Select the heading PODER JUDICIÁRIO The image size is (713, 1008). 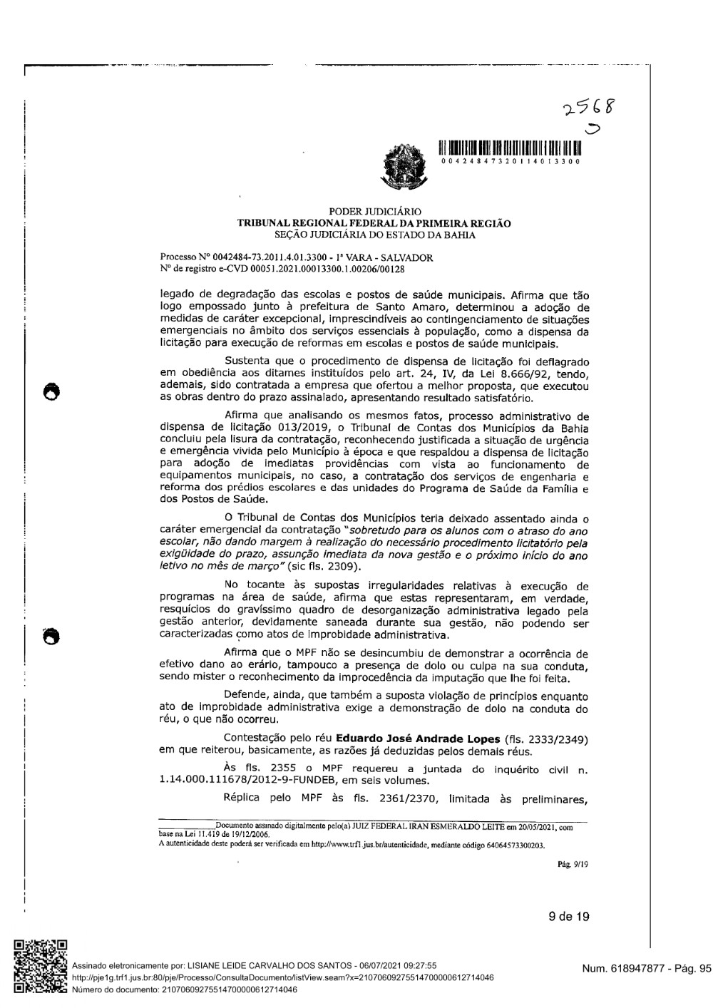374,212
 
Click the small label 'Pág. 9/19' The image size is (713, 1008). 573,865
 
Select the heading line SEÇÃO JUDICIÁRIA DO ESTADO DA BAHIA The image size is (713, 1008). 374,234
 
